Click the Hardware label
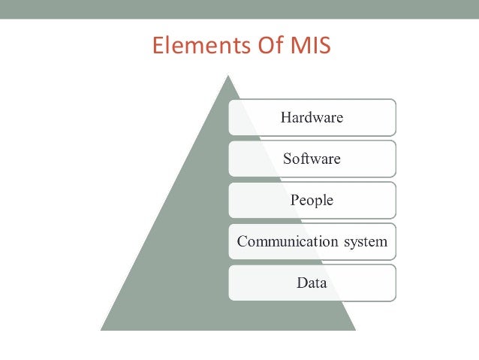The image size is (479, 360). click(x=312, y=117)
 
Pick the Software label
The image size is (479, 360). click(x=312, y=159)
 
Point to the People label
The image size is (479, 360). click(x=312, y=201)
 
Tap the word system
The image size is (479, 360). click(x=365, y=242)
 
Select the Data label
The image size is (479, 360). click(x=312, y=283)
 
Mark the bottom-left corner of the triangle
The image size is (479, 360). click(x=101, y=330)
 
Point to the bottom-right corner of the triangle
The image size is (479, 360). click(x=355, y=330)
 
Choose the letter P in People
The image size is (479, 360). click(x=294, y=201)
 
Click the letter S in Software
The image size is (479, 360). click(x=287, y=159)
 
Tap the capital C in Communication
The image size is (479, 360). click(x=242, y=242)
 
